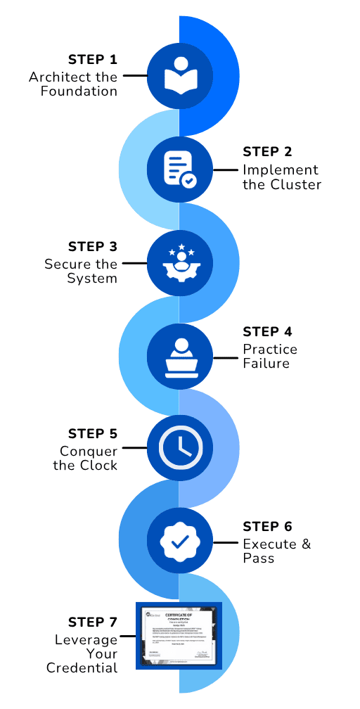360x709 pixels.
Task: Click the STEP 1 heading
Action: pyautogui.click(x=93, y=59)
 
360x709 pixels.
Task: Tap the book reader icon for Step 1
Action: pyautogui.click(x=180, y=75)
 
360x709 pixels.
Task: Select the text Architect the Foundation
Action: pyautogui.click(x=73, y=84)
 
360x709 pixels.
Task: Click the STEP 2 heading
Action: pyautogui.click(x=267, y=152)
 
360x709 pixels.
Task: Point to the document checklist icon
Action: pyautogui.click(x=180, y=170)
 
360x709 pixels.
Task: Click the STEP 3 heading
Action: pyautogui.click(x=93, y=247)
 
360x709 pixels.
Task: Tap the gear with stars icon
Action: pyautogui.click(x=180, y=264)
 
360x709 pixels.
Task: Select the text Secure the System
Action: pyautogui.click(x=81, y=272)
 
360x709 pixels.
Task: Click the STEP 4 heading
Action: pyautogui.click(x=267, y=331)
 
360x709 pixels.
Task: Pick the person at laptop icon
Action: pyautogui.click(x=180, y=357)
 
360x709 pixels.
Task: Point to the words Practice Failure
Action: pyautogui.click(x=270, y=357)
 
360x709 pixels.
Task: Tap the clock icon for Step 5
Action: pyautogui.click(x=180, y=447)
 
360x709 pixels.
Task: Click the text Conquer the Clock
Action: pyautogui.click(x=85, y=458)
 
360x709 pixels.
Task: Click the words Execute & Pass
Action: pyautogui.click(x=276, y=551)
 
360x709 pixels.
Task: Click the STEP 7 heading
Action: pyautogui.click(x=93, y=622)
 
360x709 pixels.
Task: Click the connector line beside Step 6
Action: pyautogui.click(x=226, y=542)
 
